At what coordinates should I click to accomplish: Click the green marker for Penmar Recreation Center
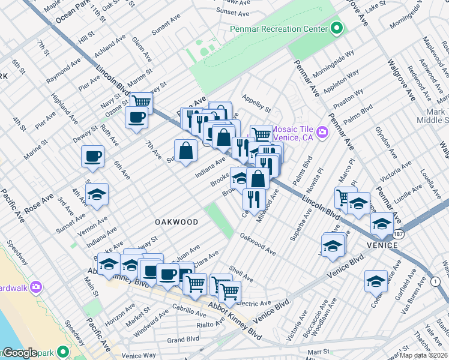(337, 28)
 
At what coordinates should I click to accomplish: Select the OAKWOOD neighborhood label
(176, 222)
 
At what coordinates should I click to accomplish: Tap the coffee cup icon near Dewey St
(92, 157)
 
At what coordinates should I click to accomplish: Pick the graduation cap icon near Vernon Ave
(97, 194)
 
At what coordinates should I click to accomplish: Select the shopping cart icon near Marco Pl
(345, 197)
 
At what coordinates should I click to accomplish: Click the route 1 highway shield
(435, 281)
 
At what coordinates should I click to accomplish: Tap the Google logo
(20, 353)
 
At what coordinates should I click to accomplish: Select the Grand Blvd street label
(183, 340)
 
